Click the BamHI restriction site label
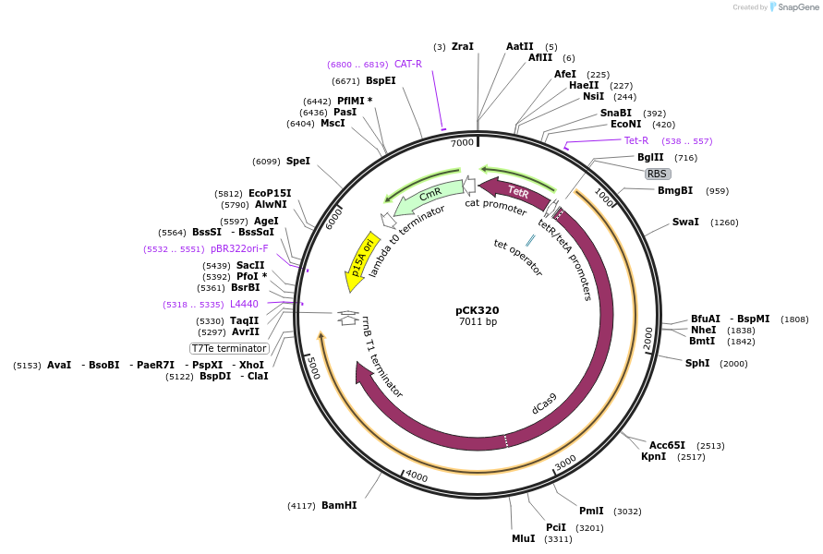[339, 505]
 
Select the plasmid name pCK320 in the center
[478, 310]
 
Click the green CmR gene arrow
[430, 195]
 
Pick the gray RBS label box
[657, 174]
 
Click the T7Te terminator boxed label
[229, 348]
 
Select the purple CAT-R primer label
[408, 65]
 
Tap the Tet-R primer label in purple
[636, 141]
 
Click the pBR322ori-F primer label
[239, 249]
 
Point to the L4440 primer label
[244, 305]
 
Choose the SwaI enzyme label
[685, 223]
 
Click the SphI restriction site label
[697, 364]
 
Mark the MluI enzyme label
[523, 538]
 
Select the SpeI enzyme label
[298, 162]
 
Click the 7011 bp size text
[478, 322]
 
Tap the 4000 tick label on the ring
[417, 476]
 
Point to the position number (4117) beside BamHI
[301, 506]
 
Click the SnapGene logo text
[800, 7]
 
